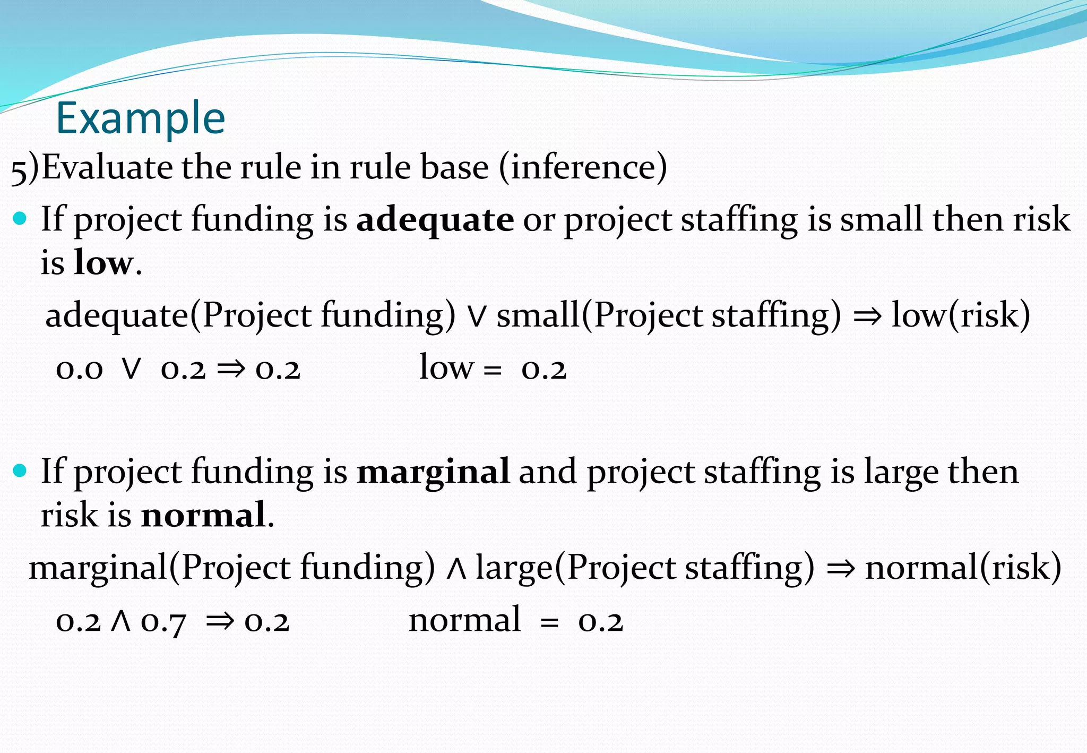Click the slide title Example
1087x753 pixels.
point(141,118)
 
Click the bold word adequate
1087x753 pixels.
point(435,220)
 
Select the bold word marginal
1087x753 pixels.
point(433,472)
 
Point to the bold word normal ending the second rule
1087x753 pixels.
point(203,515)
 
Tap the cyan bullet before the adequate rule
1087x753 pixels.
point(20,218)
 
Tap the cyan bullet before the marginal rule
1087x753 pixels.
point(20,470)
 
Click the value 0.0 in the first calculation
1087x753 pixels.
point(79,369)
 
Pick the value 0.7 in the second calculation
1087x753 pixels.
point(163,621)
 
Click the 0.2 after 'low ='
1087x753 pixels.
point(544,369)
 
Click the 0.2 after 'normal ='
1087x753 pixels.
point(600,621)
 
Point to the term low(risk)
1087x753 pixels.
point(961,315)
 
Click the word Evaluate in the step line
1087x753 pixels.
point(108,168)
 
